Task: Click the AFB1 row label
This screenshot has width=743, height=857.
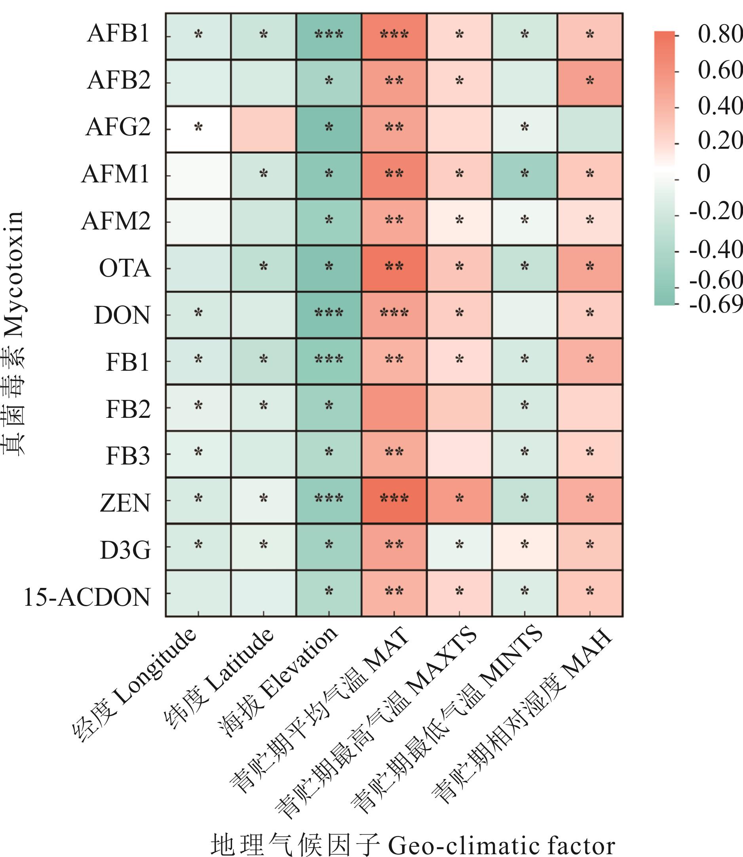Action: tap(118, 34)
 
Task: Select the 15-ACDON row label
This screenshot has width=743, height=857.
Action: tap(87, 597)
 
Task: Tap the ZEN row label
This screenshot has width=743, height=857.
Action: tap(125, 504)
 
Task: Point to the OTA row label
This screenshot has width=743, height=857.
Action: tap(124, 269)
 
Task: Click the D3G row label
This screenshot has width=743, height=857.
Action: tap(125, 551)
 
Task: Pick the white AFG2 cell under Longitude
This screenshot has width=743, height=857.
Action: tap(198, 129)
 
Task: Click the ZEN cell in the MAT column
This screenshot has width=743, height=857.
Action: tap(394, 501)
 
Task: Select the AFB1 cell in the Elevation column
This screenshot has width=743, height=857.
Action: tap(329, 36)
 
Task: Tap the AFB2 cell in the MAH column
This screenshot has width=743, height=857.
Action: tap(589, 83)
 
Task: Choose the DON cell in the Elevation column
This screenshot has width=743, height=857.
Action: tap(329, 315)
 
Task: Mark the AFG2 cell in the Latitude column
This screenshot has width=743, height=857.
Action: tap(263, 129)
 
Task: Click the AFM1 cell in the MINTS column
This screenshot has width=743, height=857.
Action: tap(524, 176)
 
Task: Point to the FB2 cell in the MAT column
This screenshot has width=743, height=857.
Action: tap(394, 408)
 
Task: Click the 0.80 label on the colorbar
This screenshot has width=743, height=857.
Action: tap(719, 34)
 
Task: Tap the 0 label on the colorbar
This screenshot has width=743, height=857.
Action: tap(703, 174)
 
